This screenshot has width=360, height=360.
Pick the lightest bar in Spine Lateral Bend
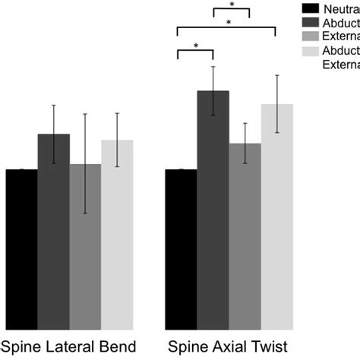pos(117,235)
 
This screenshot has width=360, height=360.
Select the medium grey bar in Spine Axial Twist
pos(245,236)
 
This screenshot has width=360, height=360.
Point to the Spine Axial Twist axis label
pos(229,348)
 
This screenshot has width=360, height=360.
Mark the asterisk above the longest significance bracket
pos(229,24)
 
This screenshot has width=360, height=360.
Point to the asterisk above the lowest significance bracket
pos(196,46)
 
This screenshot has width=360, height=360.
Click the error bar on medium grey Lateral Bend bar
pos(85,163)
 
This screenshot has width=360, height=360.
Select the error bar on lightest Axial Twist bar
pos(276,104)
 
